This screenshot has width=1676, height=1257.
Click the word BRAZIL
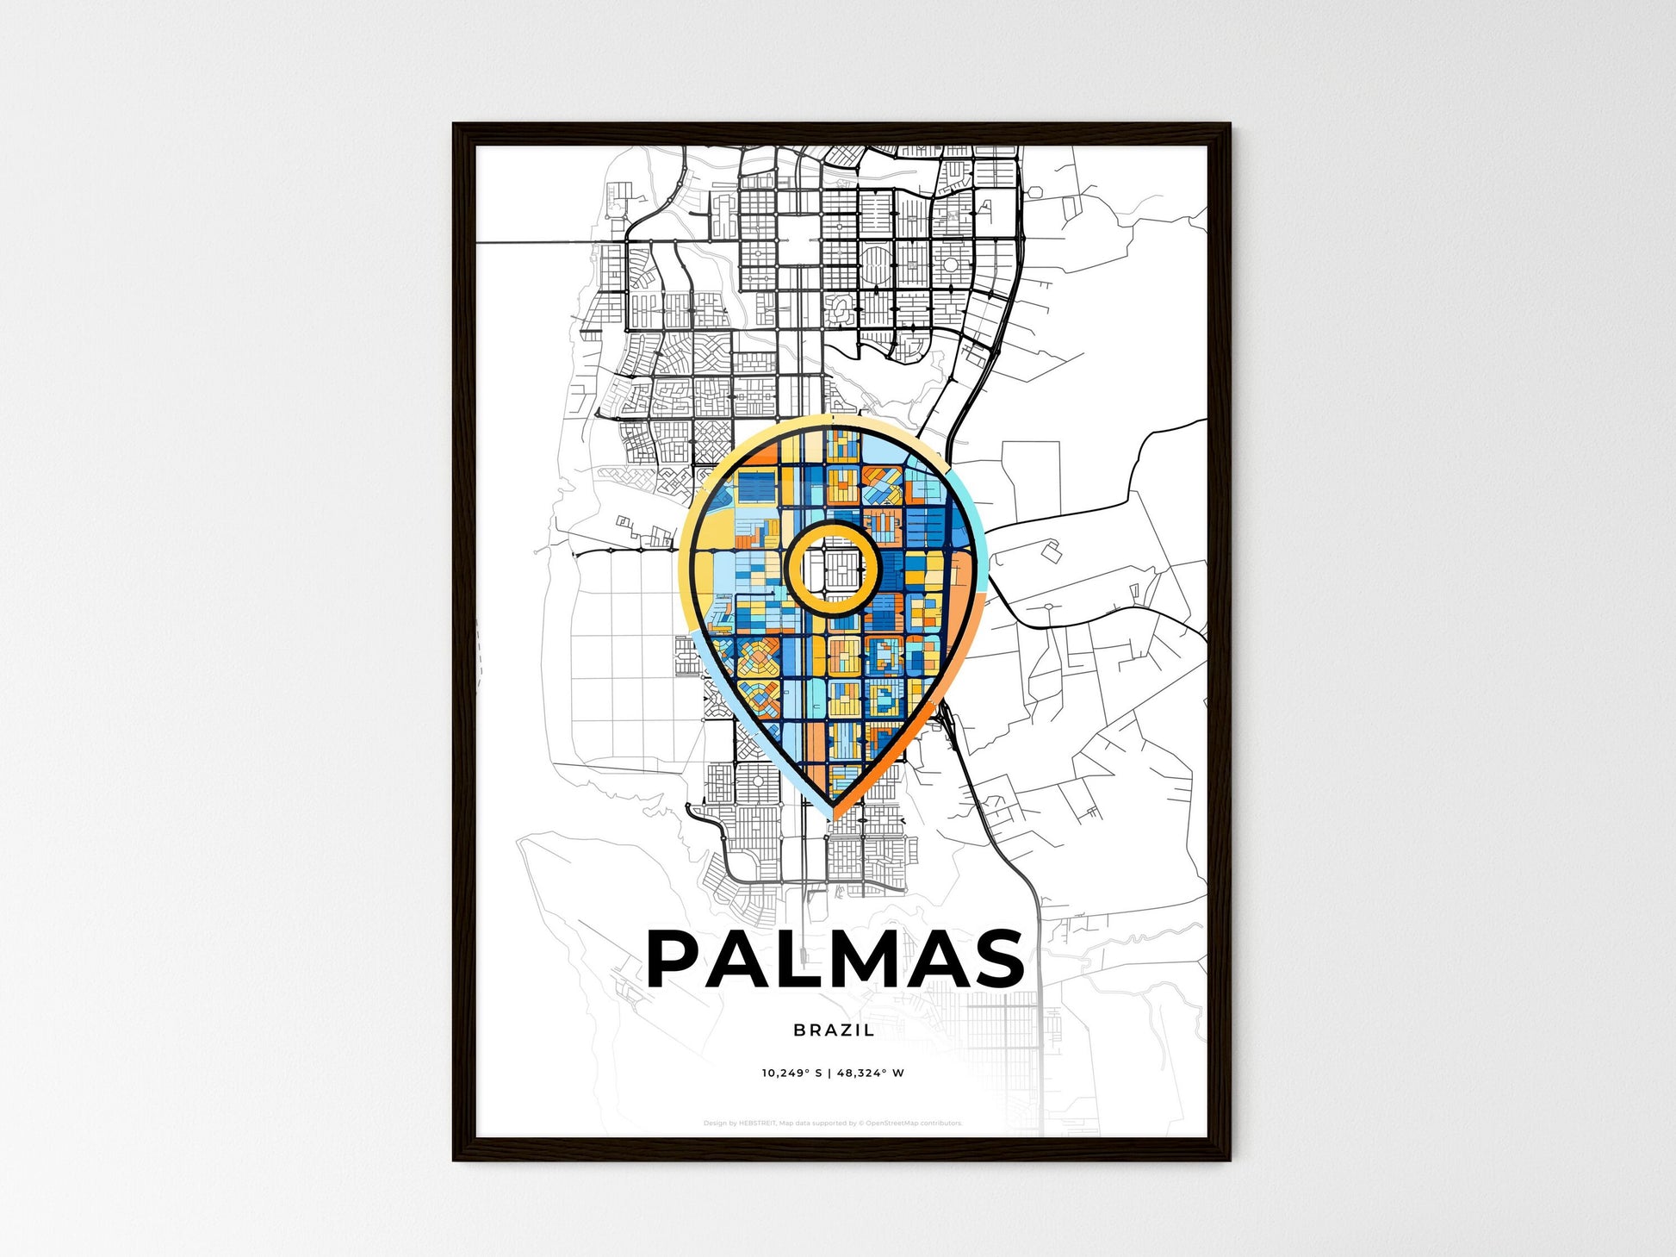pyautogui.click(x=834, y=1030)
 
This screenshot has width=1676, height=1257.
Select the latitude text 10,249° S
pyautogui.click(x=791, y=1073)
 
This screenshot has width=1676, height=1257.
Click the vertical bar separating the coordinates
pyautogui.click(x=831, y=1073)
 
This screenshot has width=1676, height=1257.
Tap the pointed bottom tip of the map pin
pyautogui.click(x=834, y=814)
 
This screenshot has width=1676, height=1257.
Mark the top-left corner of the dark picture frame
pyautogui.click(x=455, y=125)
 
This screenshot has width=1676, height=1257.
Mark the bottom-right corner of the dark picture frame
pyautogui.click(x=1229, y=1159)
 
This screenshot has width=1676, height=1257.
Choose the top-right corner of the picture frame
pyautogui.click(x=1229, y=125)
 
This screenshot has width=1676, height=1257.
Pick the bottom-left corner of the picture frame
pyautogui.click(x=455, y=1159)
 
